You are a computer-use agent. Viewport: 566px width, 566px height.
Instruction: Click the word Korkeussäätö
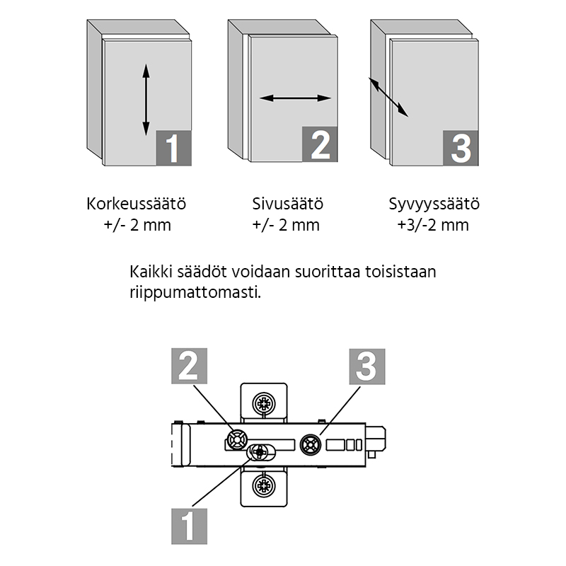tap(137, 204)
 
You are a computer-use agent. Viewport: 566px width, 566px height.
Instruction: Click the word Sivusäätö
tap(287, 204)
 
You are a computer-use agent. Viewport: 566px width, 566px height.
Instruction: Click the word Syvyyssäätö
tap(434, 204)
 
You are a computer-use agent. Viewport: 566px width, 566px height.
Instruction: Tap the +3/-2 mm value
tap(433, 225)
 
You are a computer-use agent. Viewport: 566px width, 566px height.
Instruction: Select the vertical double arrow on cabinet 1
tap(146, 100)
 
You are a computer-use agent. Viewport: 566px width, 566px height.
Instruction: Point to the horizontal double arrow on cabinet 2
tap(295, 98)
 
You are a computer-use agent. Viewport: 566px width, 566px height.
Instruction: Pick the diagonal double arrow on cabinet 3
tap(388, 97)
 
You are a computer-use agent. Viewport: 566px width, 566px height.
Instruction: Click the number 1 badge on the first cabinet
tap(173, 148)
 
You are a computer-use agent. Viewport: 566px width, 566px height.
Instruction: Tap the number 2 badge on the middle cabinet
tap(320, 144)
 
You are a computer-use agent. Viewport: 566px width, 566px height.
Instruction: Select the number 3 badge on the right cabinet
tap(461, 148)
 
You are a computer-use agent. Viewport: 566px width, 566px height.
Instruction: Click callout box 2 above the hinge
tap(189, 366)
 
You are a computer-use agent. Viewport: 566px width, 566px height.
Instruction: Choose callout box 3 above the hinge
tap(367, 366)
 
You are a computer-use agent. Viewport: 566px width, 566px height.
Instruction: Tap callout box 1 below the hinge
tap(189, 526)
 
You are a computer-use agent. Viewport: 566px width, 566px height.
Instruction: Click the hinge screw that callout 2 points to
tap(237, 439)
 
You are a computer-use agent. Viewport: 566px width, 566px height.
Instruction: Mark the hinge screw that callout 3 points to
tap(311, 445)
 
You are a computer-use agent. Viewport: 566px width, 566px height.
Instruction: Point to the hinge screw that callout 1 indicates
tap(259, 451)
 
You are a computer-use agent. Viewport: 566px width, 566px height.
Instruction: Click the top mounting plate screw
tap(264, 403)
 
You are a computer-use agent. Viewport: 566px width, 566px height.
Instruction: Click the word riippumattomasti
tap(195, 293)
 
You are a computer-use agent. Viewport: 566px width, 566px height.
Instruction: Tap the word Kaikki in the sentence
tap(151, 272)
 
